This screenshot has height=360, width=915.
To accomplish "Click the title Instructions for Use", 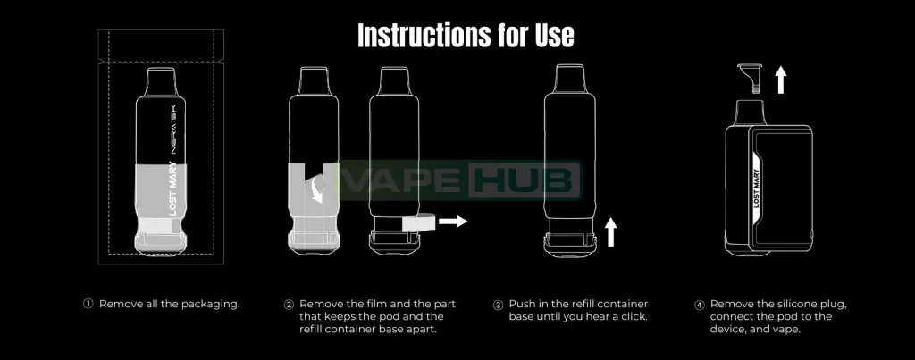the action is [x=466, y=36].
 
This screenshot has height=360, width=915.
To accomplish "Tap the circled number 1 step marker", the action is [x=88, y=304].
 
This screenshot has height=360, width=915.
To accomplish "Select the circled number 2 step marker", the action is [x=289, y=305].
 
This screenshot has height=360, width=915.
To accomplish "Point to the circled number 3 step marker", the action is [x=499, y=305].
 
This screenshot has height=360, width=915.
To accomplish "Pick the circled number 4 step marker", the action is [x=700, y=305].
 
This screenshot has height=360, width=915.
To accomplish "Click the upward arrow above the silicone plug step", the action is [x=781, y=80].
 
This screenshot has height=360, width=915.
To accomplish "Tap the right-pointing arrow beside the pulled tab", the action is [x=453, y=222].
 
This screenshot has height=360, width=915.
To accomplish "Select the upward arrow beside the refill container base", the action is [x=610, y=231].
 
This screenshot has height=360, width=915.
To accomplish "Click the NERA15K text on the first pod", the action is [x=173, y=130].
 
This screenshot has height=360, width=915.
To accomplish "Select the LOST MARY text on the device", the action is [x=756, y=188].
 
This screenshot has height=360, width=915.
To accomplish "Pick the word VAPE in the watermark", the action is [x=407, y=180].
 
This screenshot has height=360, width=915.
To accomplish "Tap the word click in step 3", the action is [x=633, y=317].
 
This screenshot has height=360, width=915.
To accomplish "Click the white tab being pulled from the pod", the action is [x=418, y=222].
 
